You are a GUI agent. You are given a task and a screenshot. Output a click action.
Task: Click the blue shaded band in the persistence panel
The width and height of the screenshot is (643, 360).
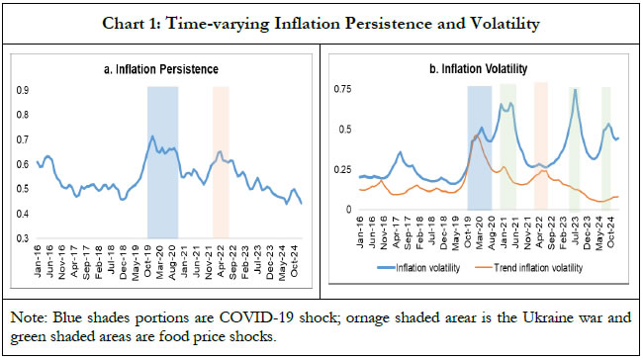(x=162, y=158)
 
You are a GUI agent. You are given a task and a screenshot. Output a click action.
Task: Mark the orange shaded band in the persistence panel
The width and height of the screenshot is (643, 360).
(x=221, y=158)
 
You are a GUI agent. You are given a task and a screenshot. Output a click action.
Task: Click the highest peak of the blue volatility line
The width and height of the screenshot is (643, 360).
(x=575, y=90)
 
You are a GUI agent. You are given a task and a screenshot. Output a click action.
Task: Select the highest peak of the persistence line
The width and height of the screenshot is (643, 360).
(x=151, y=136)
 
